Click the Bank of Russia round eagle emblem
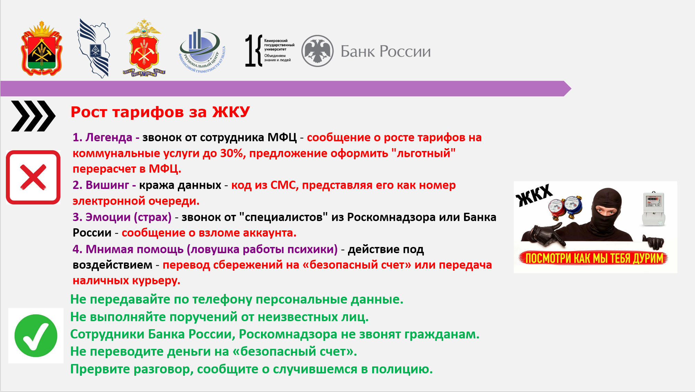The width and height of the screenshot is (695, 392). tap(317, 51)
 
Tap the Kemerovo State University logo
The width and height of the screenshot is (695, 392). tap(270, 50)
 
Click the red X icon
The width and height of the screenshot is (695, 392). tap(33, 177)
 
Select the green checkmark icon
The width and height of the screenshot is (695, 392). tap(36, 336)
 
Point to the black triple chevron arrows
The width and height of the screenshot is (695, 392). tap(33, 116)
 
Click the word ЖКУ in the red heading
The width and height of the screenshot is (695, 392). tap(231, 112)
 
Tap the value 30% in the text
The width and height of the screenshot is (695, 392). tap(233, 153)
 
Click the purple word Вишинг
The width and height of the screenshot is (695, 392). tap(107, 185)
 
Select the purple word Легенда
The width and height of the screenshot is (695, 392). tap(109, 137)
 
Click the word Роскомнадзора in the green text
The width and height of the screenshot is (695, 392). tap(288, 334)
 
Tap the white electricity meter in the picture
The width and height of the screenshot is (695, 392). tap(653, 209)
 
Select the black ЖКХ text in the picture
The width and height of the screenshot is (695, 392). tap(534, 195)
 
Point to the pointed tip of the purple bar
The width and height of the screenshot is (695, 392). tap(571, 89)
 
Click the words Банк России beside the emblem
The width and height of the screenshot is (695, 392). tap(386, 51)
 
